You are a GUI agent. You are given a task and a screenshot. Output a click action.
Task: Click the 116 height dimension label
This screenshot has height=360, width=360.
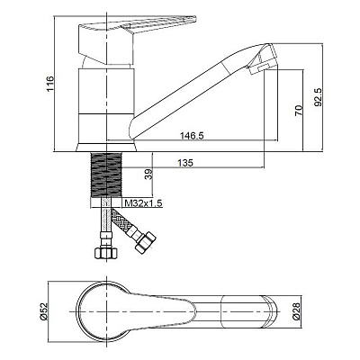click(x=50, y=84)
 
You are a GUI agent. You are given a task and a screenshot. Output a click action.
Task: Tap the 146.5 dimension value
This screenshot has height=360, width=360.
click(x=192, y=136)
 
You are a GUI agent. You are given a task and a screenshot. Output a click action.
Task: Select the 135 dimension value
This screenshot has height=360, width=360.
click(x=185, y=163)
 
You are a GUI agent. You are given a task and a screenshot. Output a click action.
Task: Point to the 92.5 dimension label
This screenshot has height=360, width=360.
click(x=318, y=97)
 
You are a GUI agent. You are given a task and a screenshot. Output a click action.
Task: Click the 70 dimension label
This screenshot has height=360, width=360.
click(x=299, y=111)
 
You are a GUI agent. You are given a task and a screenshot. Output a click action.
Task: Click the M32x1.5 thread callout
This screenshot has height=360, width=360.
click(x=143, y=203)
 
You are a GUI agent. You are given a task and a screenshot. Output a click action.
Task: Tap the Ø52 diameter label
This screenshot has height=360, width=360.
click(x=44, y=311)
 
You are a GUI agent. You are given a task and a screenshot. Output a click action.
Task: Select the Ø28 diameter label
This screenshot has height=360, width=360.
click(x=296, y=311)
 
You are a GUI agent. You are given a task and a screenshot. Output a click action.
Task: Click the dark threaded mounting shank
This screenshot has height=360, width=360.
click(x=106, y=175)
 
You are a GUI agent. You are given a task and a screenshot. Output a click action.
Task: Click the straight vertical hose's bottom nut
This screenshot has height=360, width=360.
click(x=105, y=253)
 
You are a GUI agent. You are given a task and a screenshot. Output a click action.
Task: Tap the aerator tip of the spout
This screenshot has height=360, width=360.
click(x=262, y=59)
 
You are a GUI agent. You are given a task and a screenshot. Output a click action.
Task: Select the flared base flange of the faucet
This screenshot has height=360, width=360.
click(x=106, y=147)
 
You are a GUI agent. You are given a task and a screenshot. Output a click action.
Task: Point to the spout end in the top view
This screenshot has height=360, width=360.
click(x=270, y=312)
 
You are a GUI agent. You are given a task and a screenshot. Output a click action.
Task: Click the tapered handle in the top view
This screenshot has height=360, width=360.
click(x=162, y=312)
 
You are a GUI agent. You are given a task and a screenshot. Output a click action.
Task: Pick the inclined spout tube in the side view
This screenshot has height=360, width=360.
click(x=192, y=92)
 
